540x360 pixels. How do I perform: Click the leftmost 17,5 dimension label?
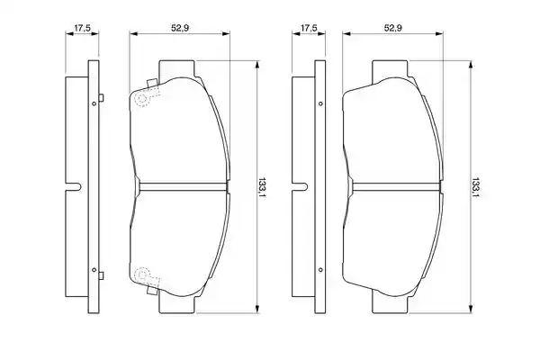click(x=82, y=28)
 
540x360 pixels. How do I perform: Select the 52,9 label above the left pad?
click(x=180, y=28)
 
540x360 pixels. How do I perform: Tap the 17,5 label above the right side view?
click(x=309, y=28)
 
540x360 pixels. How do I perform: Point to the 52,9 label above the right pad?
click(x=393, y=28)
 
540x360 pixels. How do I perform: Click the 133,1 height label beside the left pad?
click(x=263, y=187)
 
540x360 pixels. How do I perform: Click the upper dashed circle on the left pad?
click(x=142, y=99)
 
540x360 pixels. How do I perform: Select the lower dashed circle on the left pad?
click(x=142, y=274)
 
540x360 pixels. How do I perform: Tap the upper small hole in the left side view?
click(x=94, y=103)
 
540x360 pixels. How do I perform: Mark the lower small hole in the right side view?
click(x=320, y=270)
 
